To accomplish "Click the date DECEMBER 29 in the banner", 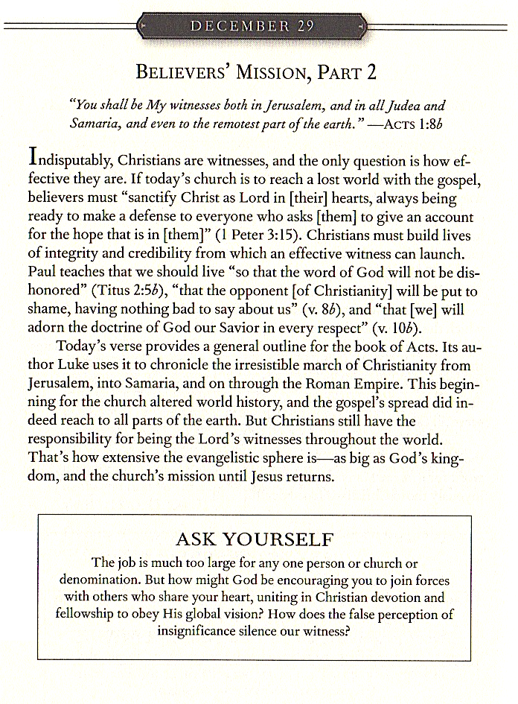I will (x=252, y=26).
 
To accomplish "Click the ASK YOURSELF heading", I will (x=254, y=539).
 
